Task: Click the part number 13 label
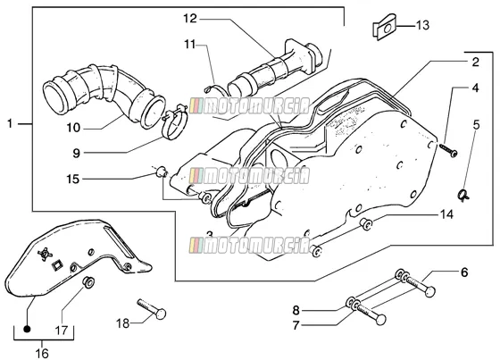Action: pos(423,25)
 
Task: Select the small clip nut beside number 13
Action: pos(385,28)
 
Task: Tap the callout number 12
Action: pos(190,19)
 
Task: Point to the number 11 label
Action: pos(189,45)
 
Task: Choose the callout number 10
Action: pos(73,128)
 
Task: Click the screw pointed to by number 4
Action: pos(448,150)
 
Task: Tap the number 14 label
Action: pos(446,214)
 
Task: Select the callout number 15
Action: pos(72,179)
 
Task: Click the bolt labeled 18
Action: pos(152,308)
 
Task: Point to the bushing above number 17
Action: pos(88,281)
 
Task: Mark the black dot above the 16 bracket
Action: pos(27,329)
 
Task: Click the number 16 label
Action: pos(42,353)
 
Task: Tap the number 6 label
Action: pos(464,272)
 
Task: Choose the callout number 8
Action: pos(296,310)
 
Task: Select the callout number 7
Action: pos(296,325)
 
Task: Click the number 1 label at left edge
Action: pos(10,123)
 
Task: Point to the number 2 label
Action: pos(475,63)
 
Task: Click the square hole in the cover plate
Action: pos(57,265)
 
